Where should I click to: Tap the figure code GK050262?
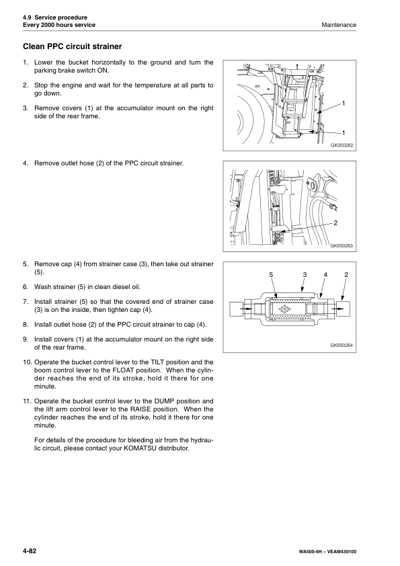tap(342, 145)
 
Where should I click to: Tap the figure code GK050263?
tap(342, 246)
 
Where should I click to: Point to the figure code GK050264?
tap(342, 346)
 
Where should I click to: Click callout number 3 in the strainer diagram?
tap(304, 276)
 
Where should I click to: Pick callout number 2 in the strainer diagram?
tap(346, 276)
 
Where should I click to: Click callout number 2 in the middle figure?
tap(335, 223)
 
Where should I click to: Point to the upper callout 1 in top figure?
tap(343, 103)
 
